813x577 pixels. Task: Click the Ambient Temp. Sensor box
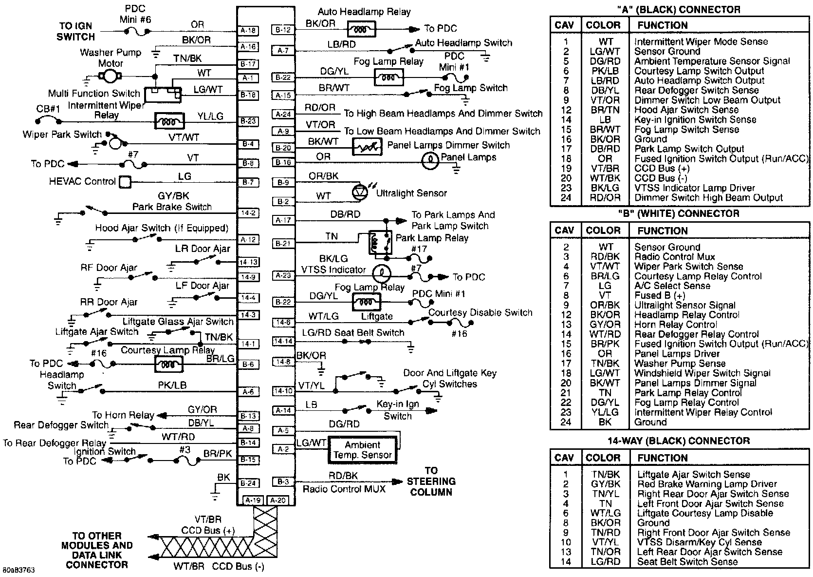coord(363,450)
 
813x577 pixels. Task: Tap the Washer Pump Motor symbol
coord(110,76)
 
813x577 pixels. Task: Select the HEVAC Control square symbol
coord(125,182)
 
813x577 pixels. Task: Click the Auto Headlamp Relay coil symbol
coord(361,30)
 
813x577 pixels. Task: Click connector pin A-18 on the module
coord(248,30)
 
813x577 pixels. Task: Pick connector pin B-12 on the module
coord(283,30)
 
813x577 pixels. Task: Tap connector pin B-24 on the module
coord(248,483)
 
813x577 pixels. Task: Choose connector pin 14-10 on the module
coord(283,391)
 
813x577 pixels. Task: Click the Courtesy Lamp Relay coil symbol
coord(169,364)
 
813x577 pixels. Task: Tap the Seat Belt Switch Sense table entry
coord(687,561)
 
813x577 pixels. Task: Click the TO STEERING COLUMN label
coord(431,481)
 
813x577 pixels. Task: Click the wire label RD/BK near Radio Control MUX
coord(343,475)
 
